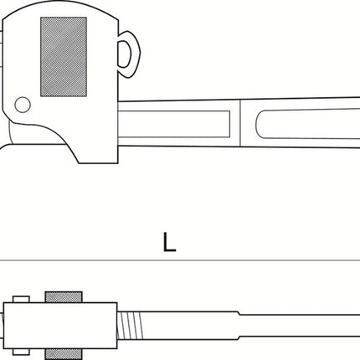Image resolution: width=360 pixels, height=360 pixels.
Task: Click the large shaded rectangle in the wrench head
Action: tap(64, 57)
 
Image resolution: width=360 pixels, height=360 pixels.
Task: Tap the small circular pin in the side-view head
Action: tap(23, 105)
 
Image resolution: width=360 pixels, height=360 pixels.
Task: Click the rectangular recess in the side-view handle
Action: tap(174, 124)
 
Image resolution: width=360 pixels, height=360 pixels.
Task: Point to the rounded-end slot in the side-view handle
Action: tap(308, 124)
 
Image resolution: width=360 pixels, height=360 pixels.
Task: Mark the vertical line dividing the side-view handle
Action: tap(240, 123)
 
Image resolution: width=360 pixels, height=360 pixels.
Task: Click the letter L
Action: tap(169, 242)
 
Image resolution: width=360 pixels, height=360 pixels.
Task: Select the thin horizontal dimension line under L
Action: tap(180, 260)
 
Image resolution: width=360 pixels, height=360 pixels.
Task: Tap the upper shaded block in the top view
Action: tap(64, 297)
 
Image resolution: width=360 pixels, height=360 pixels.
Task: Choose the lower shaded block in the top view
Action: tap(64, 354)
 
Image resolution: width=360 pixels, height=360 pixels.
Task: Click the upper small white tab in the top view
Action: tap(21, 299)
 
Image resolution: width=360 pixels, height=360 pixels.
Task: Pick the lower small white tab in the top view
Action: tap(21, 352)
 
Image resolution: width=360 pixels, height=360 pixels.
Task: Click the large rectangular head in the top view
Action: tap(60, 326)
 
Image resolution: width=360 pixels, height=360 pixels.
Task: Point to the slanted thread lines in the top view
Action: tap(131, 326)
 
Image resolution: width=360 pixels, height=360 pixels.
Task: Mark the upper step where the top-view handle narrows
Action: tap(239, 313)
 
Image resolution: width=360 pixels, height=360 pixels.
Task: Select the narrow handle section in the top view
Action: tap(301, 326)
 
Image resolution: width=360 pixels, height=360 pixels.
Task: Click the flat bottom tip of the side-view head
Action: tap(98, 163)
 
